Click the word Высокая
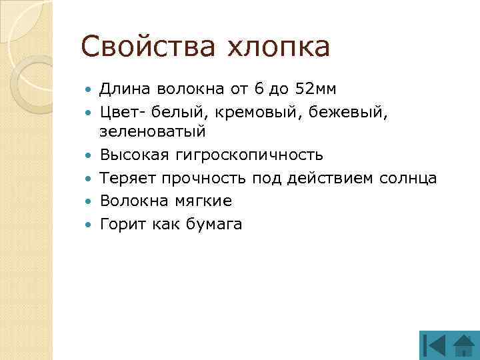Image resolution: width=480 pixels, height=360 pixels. click(135, 155)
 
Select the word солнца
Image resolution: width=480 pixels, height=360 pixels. click(407, 178)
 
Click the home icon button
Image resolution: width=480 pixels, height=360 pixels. click(462, 346)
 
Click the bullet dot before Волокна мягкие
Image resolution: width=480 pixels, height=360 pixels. click(91, 201)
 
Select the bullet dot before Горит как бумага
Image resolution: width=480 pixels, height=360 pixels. click(91, 224)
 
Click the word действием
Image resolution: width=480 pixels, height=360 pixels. click(321, 178)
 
